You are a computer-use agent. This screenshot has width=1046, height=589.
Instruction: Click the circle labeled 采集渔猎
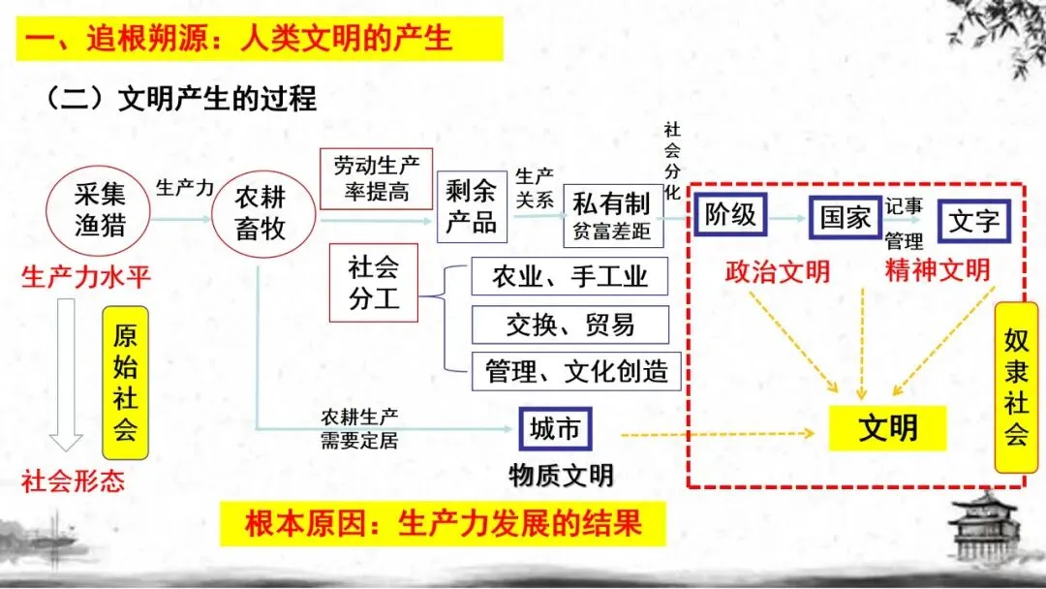pos(100,210)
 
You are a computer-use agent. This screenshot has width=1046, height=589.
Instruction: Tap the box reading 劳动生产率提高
pos(377,178)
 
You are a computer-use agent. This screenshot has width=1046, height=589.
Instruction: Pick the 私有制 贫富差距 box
pos(611,215)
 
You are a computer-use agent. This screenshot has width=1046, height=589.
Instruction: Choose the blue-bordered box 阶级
pos(729,215)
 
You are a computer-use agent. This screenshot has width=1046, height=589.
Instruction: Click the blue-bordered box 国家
pos(845,217)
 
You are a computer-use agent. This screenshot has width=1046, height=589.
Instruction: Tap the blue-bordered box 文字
pos(973,221)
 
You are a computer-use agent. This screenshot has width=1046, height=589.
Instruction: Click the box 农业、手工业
pos(569,277)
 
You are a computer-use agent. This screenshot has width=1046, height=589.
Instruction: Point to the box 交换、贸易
pos(569,325)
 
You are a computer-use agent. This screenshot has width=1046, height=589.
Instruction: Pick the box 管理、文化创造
pos(576,370)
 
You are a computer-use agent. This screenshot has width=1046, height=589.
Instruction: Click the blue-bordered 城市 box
pos(555,428)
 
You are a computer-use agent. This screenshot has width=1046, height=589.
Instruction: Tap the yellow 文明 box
pos(887,427)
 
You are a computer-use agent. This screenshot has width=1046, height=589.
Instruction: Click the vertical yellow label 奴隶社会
pos(1015,387)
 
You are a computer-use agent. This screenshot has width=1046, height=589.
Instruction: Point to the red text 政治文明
pos(777,271)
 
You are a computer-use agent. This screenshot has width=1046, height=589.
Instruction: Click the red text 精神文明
pos(937,270)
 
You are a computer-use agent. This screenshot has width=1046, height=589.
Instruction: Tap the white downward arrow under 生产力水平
pos(66,373)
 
